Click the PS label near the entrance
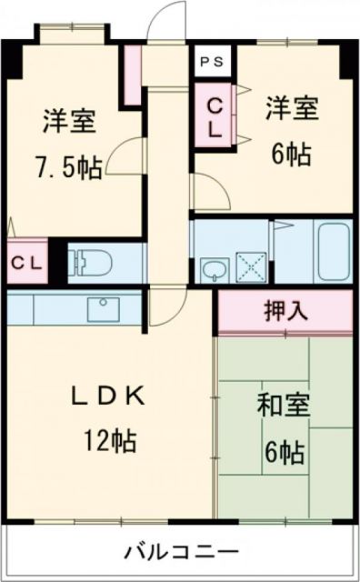pos(212,62)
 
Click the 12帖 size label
pos(113,441)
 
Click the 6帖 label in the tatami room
pos(285,450)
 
